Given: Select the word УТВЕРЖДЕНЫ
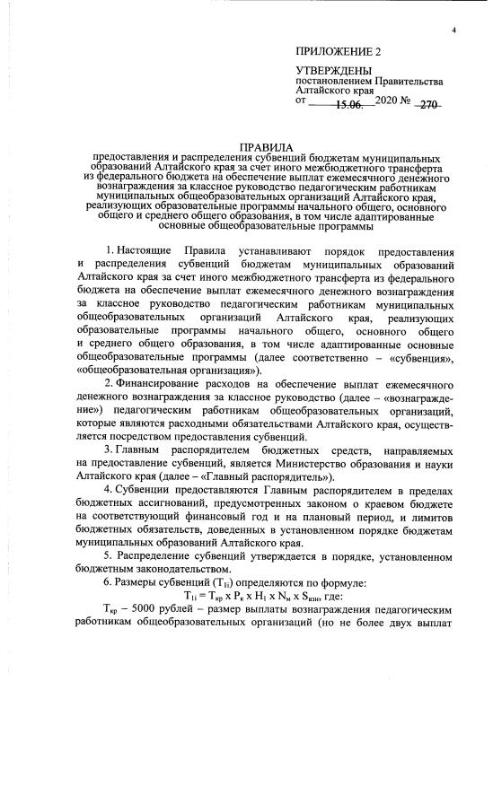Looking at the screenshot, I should point(333,71).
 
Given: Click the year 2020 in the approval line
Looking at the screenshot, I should point(390,103).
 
